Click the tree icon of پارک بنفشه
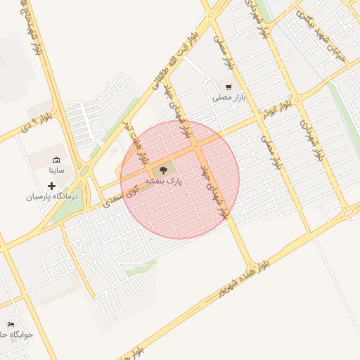[164, 170]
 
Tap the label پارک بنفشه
[164, 181]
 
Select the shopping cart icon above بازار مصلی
[228, 86]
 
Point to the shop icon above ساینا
[56, 160]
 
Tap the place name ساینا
[56, 171]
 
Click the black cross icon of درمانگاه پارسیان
[51, 186]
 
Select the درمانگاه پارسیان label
[49, 198]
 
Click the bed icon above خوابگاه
[11, 324]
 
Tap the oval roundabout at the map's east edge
[349, 213]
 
